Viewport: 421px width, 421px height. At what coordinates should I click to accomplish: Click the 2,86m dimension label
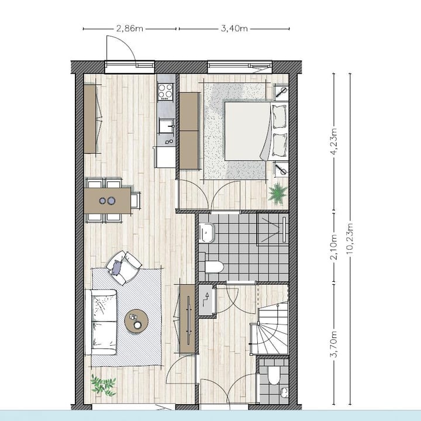pyautogui.click(x=130, y=27)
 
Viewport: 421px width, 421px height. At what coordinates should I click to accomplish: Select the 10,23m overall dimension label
pyautogui.click(x=350, y=237)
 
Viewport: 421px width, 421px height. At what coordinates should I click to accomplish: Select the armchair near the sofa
pyautogui.click(x=123, y=267)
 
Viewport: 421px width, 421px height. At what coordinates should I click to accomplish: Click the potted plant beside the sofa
pyautogui.click(x=103, y=384)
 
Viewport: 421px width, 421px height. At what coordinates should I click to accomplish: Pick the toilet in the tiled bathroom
pyautogui.click(x=213, y=267)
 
